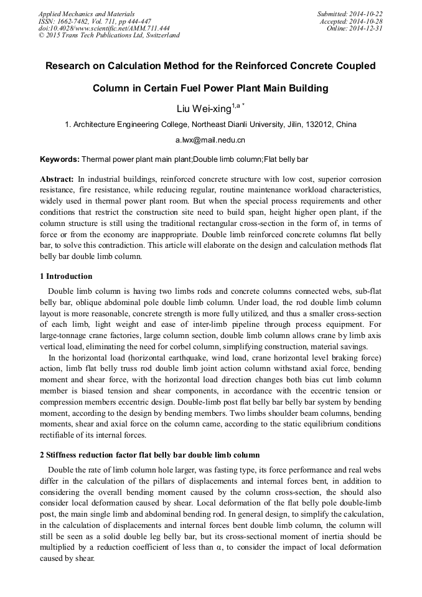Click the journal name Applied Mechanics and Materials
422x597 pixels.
[86, 13]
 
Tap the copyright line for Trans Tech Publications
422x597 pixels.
[109, 35]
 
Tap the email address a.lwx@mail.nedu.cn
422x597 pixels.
[210, 140]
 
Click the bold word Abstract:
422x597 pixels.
[57, 179]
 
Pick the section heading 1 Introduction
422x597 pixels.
[66, 276]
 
